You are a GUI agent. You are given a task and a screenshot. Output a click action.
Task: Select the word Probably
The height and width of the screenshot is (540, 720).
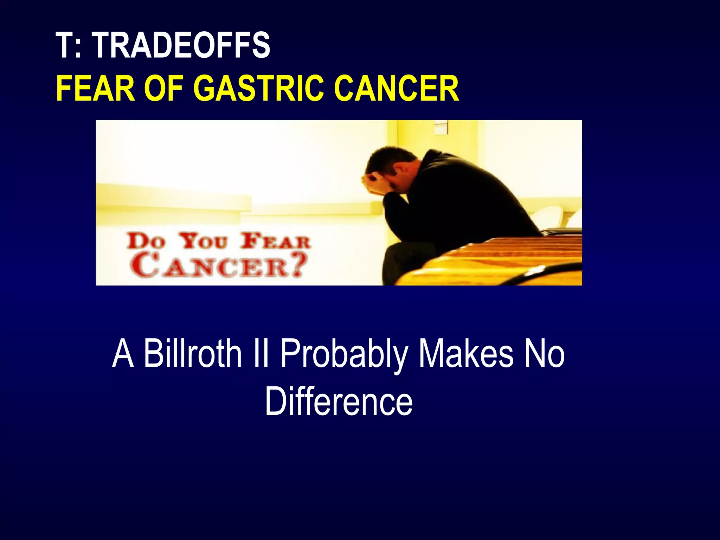pos(344,353)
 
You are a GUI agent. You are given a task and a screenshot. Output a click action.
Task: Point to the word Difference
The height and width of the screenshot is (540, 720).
pos(339,401)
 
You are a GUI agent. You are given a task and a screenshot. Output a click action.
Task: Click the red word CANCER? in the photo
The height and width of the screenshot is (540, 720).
pos(219,266)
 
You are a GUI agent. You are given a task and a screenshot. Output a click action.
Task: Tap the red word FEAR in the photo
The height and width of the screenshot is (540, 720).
pos(276,242)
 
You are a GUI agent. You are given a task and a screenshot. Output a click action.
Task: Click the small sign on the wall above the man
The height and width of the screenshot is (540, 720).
pos(441,127)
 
